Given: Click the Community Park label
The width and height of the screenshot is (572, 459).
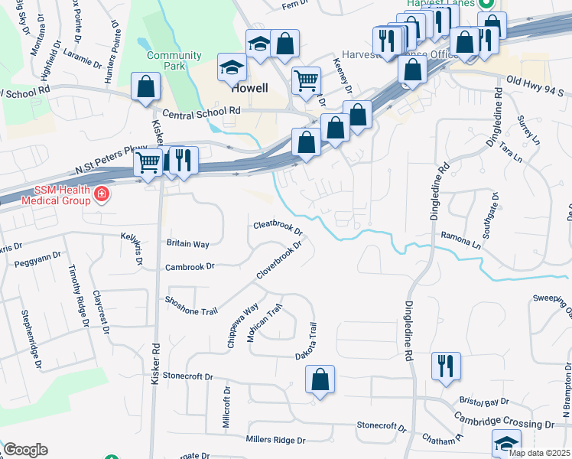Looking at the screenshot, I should tap(174, 60).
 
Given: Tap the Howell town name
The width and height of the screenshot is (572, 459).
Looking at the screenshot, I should tap(250, 88).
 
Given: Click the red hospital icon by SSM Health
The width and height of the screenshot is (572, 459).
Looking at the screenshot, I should tap(100, 196).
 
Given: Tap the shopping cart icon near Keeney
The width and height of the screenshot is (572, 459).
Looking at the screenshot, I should tap(306, 80).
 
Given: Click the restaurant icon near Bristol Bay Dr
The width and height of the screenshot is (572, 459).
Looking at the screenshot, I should tap(446, 366).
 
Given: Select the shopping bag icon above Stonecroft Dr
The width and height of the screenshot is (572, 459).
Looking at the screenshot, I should tap(320, 379).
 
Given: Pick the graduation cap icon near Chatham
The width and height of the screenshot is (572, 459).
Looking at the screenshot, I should tap(506, 443).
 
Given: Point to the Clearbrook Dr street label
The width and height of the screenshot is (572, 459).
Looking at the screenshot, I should tap(278, 227).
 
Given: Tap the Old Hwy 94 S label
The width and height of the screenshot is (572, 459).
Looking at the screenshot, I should tap(538, 80).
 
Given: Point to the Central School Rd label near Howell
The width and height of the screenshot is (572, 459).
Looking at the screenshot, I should tap(202, 111).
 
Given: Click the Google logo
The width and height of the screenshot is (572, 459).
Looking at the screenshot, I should tap(25, 450).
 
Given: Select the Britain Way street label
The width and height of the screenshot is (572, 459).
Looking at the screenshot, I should tap(188, 244).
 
